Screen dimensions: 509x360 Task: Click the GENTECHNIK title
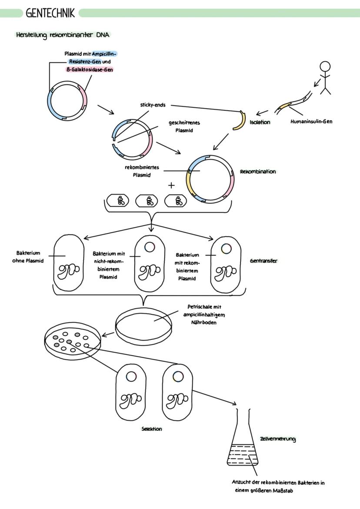[x=50, y=13]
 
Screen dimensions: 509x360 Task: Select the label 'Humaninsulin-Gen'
[x=311, y=122]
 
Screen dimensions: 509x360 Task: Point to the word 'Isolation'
[x=260, y=122]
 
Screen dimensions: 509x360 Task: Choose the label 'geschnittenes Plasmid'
[x=184, y=126]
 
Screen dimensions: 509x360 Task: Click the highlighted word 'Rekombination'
[x=258, y=172]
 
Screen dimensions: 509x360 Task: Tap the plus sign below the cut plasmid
[x=171, y=185]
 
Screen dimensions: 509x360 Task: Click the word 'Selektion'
[x=151, y=429]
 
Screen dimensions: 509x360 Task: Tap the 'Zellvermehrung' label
[x=278, y=439]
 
